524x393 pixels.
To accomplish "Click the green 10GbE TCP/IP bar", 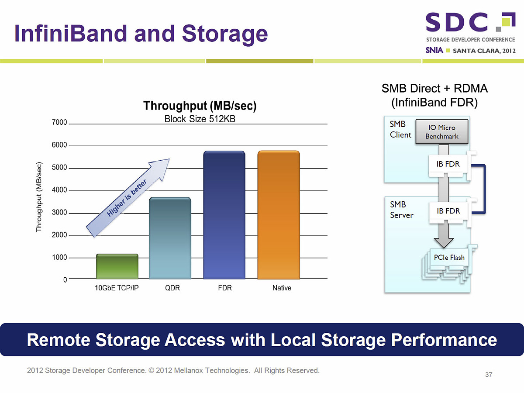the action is [x=117, y=266].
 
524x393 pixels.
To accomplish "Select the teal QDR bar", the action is [x=170, y=238].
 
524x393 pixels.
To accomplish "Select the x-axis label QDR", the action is [x=172, y=288].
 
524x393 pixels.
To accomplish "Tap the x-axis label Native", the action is [x=281, y=288].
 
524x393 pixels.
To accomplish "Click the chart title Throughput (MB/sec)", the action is [x=200, y=106].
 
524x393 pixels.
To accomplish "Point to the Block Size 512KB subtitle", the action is [x=200, y=119].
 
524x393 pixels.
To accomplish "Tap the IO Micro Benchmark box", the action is [x=442, y=132].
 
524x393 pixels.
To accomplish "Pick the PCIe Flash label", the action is [x=449, y=258].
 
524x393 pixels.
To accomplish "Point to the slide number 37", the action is [x=489, y=375].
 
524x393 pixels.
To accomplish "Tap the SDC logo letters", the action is [x=457, y=22].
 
